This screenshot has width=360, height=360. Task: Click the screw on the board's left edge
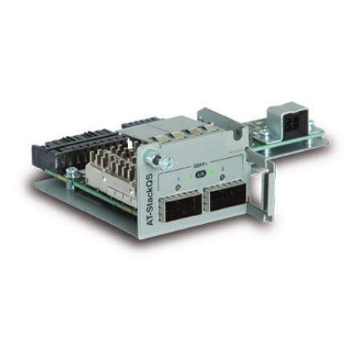tap(72, 172)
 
